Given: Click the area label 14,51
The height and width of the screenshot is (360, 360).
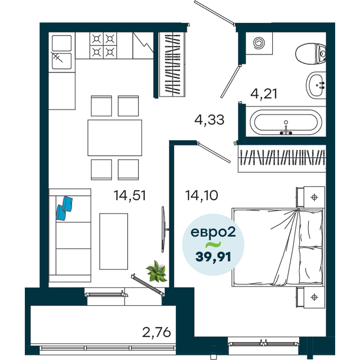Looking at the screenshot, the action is [x=130, y=196].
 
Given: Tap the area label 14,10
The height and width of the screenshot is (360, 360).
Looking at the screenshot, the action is [x=202, y=195].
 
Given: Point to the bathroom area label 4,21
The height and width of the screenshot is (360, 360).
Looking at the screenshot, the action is [x=264, y=94].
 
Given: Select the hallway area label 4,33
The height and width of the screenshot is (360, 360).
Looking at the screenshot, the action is [x=209, y=120].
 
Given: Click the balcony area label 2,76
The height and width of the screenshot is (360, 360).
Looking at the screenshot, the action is [x=157, y=332].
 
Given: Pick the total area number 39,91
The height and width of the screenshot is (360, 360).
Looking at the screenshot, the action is [x=213, y=257].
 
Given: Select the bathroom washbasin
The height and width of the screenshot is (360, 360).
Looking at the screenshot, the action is [x=316, y=85].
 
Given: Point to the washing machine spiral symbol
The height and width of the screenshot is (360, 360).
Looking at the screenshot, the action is [x=259, y=43].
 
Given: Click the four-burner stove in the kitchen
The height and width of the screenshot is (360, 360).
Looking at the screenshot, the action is [x=103, y=45].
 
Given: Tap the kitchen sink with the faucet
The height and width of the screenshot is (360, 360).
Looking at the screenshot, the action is [x=62, y=52].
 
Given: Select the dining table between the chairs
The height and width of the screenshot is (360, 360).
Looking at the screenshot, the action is [x=115, y=138].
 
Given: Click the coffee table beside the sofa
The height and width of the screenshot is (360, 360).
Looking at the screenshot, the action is [x=114, y=241].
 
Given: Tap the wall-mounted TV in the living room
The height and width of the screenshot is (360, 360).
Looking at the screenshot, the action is [x=163, y=229].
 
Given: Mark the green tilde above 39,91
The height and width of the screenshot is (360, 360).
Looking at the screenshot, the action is [x=213, y=245].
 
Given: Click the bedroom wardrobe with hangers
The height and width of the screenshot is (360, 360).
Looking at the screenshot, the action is [x=282, y=158].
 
